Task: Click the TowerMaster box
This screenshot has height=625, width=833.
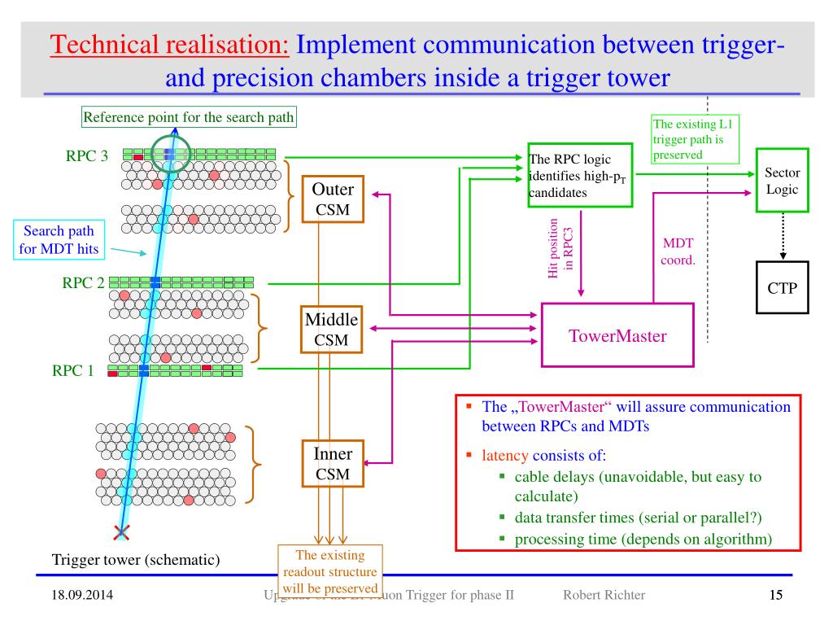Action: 617,334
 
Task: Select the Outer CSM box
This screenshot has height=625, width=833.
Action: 333,200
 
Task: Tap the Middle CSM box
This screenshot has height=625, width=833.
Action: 331,329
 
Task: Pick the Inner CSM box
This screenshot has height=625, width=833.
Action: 332,464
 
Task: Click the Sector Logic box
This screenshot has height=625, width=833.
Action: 783,181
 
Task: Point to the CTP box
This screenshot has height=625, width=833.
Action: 783,288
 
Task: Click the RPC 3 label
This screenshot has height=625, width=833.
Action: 86,156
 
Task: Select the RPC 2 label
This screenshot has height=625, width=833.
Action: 83,283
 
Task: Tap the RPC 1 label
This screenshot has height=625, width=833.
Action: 74,371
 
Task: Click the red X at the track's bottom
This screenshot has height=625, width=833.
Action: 122,533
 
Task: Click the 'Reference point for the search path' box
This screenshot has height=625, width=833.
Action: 189,117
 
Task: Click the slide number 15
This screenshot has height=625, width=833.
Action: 776,596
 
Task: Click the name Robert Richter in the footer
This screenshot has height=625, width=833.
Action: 604,596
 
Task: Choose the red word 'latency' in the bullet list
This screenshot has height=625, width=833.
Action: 504,456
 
